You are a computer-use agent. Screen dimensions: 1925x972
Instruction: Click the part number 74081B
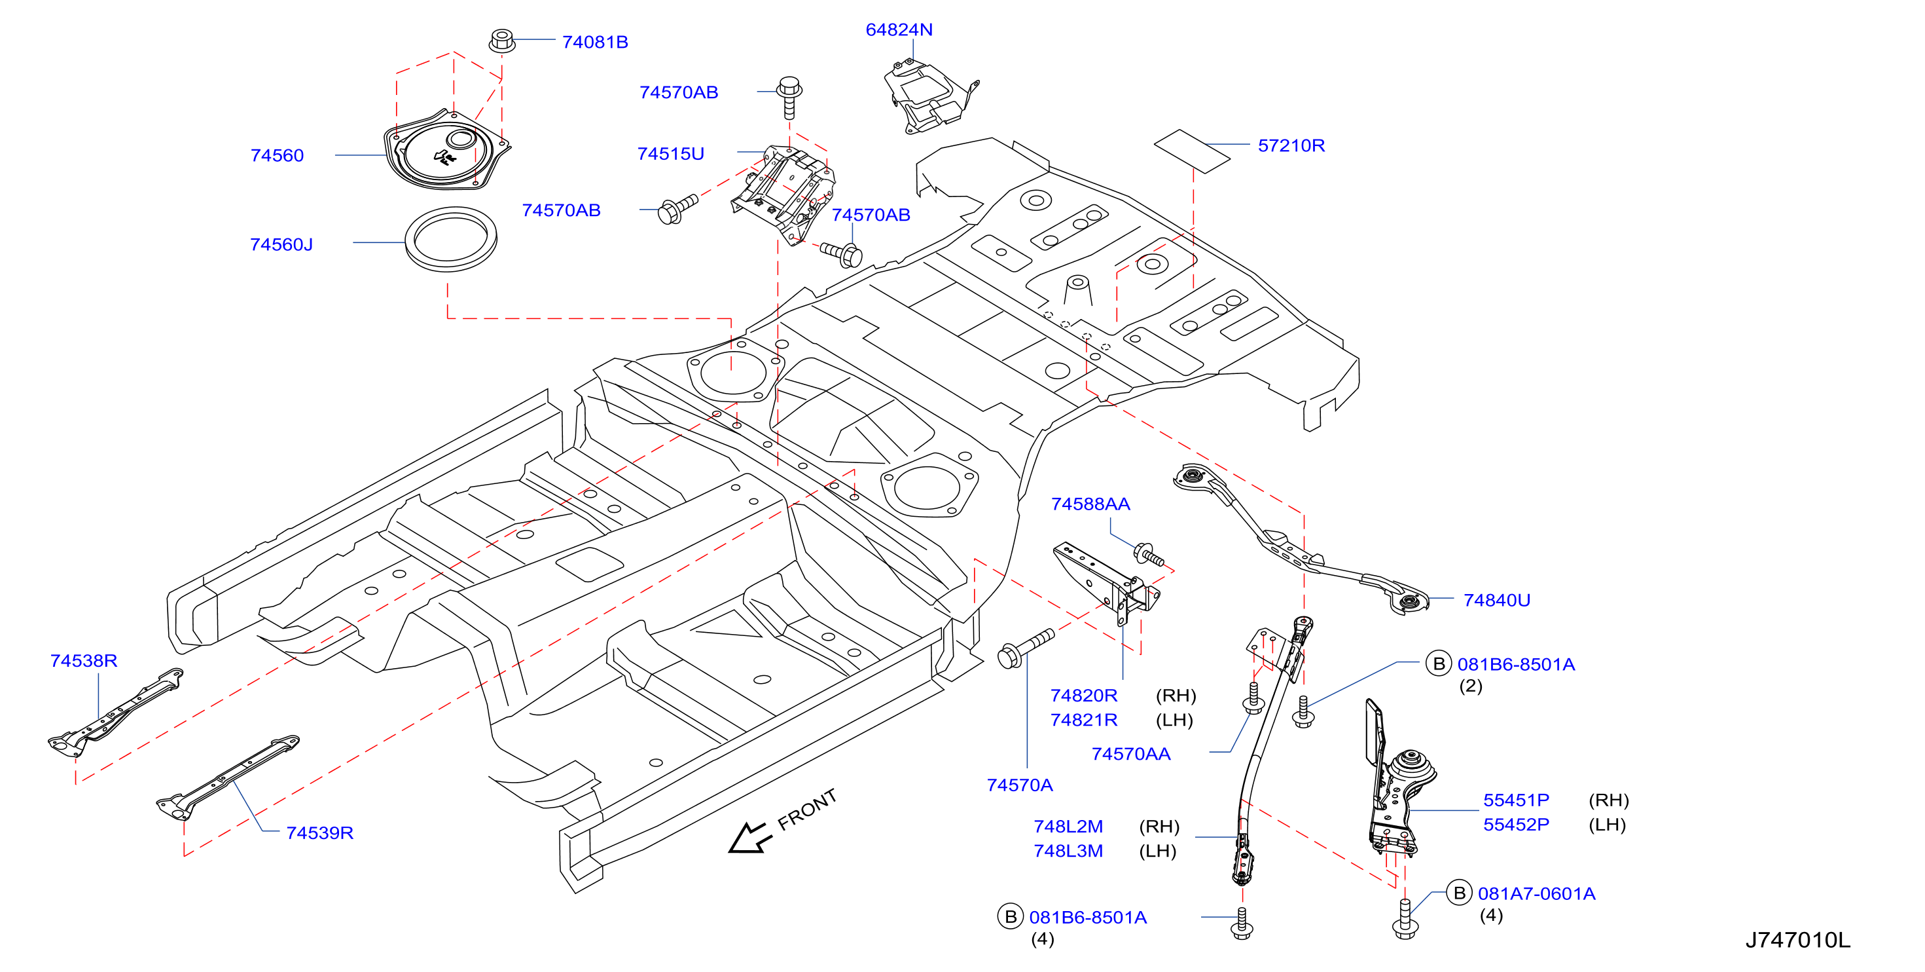coord(595,42)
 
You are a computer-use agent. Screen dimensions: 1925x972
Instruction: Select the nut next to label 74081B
coord(502,41)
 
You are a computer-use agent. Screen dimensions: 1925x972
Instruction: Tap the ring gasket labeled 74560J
coord(450,239)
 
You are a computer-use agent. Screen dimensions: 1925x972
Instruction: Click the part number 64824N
coord(899,30)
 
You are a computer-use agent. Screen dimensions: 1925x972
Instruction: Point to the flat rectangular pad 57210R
coord(1192,151)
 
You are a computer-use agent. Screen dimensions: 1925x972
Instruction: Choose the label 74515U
coord(670,154)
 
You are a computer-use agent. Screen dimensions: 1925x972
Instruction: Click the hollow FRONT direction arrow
coord(748,838)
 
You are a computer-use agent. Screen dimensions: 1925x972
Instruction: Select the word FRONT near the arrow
coord(807,810)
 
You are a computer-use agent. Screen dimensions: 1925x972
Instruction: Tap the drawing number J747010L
coord(1797,940)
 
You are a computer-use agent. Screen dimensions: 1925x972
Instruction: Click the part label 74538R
coord(84,661)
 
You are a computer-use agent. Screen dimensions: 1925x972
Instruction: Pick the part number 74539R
coord(320,833)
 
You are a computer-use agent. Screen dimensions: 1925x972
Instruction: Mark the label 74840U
coord(1497,601)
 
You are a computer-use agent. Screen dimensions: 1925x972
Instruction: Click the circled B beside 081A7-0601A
coord(1459,893)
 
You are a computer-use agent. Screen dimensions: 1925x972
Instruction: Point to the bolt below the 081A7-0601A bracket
coord(1405,920)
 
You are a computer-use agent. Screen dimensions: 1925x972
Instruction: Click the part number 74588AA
coord(1090,504)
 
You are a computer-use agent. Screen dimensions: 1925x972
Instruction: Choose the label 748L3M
coord(1068,851)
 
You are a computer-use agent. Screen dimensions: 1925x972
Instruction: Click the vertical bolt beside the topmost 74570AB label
coord(790,96)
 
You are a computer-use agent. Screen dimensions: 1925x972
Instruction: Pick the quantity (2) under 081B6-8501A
coord(1471,686)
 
